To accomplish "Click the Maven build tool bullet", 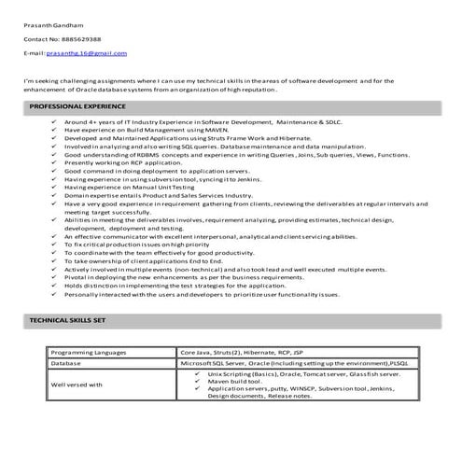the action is (x=239, y=380).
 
